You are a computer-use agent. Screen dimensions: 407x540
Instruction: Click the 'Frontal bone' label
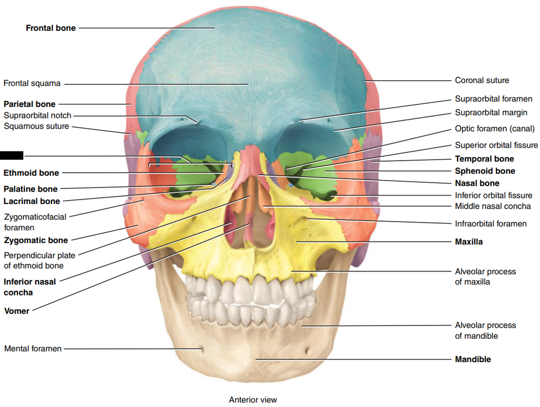coord(51,28)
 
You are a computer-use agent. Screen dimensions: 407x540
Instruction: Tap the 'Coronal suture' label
coord(482,80)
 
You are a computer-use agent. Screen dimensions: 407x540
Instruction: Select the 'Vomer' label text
coord(17,311)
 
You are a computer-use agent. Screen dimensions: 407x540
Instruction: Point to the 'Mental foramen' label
coord(33,349)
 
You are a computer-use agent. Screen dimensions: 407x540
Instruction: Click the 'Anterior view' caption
coord(253,400)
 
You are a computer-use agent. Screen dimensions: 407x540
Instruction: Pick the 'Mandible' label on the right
coord(472,359)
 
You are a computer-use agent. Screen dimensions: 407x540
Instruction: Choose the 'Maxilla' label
coord(468,242)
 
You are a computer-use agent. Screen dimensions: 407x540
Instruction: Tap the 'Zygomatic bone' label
coord(36,240)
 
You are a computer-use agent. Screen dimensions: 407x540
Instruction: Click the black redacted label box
coord(11,155)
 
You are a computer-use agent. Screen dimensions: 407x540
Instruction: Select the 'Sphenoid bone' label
coord(485,171)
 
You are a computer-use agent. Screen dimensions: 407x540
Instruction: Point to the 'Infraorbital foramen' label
coord(491,224)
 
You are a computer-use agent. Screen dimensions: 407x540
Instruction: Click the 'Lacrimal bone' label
coord(32,201)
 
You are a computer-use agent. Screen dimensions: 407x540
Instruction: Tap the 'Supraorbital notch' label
coord(38,115)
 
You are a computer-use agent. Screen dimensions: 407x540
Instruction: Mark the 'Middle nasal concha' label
coord(493,206)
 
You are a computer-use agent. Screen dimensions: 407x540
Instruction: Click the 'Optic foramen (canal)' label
coord(495,129)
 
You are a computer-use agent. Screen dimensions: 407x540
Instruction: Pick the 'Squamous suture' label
coord(36,126)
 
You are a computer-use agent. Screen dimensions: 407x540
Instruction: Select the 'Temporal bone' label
coord(484,159)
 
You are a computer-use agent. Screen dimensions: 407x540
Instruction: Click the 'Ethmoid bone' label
coord(31,173)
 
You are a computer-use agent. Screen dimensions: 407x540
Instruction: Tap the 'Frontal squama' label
coord(32,83)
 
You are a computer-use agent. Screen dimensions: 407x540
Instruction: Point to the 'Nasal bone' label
coord(477,183)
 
